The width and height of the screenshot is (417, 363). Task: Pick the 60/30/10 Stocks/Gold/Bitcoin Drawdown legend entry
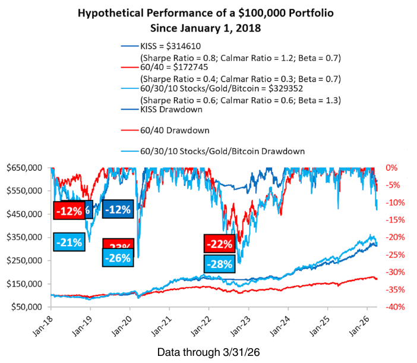point(223,152)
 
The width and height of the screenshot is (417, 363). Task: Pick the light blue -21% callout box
point(69,241)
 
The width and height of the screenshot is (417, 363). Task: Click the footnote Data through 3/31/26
point(208,352)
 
